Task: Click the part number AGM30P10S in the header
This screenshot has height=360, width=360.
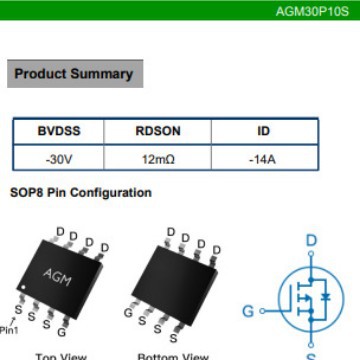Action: tap(313, 12)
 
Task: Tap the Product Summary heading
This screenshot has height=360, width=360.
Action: tap(73, 74)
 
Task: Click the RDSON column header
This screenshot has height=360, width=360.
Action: tap(158, 132)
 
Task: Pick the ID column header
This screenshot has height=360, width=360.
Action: tap(264, 132)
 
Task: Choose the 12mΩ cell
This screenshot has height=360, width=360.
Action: tap(158, 158)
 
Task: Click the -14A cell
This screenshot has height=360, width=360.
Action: tap(264, 158)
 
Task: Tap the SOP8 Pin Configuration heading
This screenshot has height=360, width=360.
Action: tap(81, 192)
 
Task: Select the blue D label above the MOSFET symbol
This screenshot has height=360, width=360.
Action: tap(311, 241)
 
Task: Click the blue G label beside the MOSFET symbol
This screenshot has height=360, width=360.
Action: tap(248, 311)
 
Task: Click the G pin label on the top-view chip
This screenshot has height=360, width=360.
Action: tap(62, 331)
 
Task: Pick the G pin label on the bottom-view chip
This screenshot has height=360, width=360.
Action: tap(128, 313)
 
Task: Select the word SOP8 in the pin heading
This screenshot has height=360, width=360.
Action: tap(27, 192)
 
